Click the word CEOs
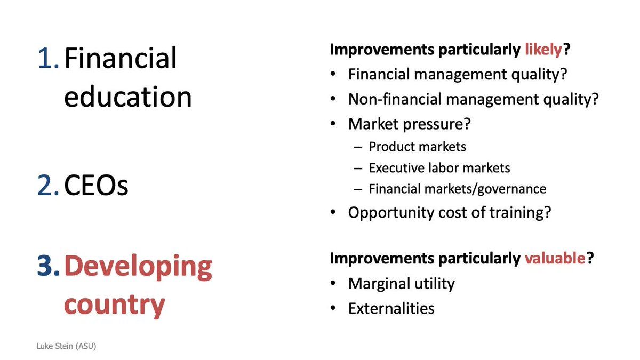(x=97, y=185)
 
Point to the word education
(x=128, y=97)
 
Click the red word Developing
(x=138, y=268)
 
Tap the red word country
(x=115, y=305)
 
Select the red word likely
(x=543, y=50)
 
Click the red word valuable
(x=555, y=258)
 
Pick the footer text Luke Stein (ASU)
(x=66, y=346)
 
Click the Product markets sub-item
(x=417, y=147)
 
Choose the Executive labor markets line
(x=439, y=167)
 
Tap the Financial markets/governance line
(x=458, y=189)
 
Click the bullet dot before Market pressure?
(x=333, y=124)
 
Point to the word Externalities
(x=391, y=308)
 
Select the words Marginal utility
(x=402, y=284)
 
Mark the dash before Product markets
(x=358, y=147)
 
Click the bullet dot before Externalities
(x=333, y=308)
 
